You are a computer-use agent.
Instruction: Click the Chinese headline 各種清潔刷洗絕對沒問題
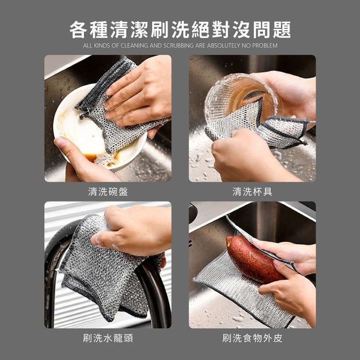(180, 30)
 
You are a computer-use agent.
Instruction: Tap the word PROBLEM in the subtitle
(264, 46)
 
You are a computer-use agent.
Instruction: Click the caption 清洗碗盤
(108, 192)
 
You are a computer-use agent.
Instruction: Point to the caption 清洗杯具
(252, 192)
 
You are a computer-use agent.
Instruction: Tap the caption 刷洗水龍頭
(108, 338)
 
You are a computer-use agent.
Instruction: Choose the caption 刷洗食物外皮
(252, 338)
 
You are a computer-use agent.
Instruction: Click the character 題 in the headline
(282, 30)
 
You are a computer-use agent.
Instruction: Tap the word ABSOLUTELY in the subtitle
(223, 46)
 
